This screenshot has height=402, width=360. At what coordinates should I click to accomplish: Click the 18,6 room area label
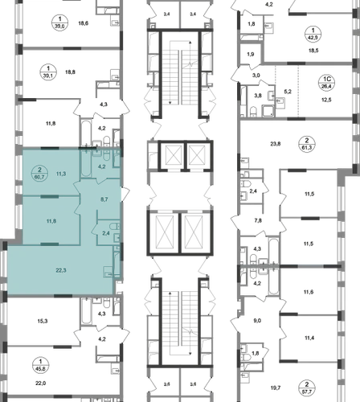(x=84, y=23)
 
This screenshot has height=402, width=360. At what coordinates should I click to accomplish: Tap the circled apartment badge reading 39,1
(x=48, y=72)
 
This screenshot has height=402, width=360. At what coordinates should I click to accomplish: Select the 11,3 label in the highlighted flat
(x=61, y=174)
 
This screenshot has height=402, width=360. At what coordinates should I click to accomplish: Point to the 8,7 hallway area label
(x=104, y=199)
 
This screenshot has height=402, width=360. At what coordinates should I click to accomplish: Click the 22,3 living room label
(x=61, y=270)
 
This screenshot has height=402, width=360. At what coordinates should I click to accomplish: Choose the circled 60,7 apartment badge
(x=39, y=174)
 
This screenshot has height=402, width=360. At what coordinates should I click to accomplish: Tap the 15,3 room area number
(x=43, y=321)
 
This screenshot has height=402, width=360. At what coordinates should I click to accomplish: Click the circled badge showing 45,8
(x=40, y=365)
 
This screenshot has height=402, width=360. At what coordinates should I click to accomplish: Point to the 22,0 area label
(x=41, y=384)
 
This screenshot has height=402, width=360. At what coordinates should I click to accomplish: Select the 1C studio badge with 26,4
(x=327, y=83)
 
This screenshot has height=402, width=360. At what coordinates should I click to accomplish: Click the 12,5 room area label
(x=326, y=100)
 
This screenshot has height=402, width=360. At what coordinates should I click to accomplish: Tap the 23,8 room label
(x=276, y=144)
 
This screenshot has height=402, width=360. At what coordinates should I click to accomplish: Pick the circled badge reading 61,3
(x=307, y=144)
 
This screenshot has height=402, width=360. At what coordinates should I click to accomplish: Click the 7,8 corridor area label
(x=258, y=220)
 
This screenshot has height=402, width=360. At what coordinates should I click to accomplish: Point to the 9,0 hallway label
(x=257, y=321)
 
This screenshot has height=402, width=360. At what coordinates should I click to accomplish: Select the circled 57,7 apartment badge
(x=307, y=388)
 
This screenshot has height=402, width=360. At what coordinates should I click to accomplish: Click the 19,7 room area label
(x=276, y=388)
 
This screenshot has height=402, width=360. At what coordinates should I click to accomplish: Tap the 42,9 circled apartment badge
(x=313, y=35)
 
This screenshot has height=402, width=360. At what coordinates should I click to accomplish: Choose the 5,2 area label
(x=288, y=92)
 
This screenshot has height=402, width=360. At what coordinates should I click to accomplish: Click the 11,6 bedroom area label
(x=309, y=292)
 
